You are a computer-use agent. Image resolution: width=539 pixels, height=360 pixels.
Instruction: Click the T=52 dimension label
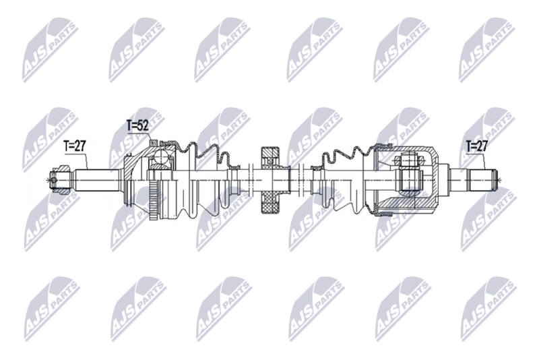click(137, 125)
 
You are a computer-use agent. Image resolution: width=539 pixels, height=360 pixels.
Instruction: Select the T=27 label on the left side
click(75, 145)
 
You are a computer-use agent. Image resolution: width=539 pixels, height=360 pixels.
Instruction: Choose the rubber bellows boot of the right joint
click(344, 179)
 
